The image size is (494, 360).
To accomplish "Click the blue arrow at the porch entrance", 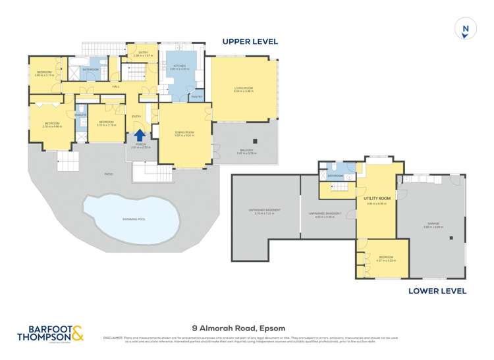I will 140,135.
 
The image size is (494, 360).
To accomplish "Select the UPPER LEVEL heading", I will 250,41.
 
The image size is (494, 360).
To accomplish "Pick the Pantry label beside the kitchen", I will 196,97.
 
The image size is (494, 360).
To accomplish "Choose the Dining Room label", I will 184,134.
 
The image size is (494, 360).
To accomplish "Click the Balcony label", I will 246,152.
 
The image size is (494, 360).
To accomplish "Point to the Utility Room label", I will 377,198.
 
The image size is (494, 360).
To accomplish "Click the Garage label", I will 434,224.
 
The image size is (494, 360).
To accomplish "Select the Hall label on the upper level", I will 115,86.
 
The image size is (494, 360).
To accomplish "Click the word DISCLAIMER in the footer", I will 113,338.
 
